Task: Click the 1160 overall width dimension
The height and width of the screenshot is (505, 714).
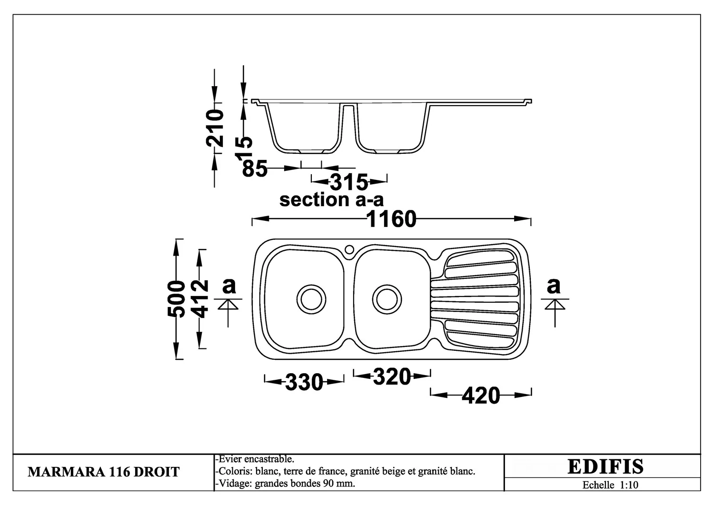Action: (392, 219)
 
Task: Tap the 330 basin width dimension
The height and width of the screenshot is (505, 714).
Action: (304, 382)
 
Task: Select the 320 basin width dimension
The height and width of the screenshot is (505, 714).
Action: (392, 376)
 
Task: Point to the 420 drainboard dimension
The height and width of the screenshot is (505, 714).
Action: (481, 396)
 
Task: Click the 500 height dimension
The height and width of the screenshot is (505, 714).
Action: (176, 299)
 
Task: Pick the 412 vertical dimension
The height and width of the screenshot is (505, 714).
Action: (201, 299)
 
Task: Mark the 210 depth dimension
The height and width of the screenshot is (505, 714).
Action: (215, 128)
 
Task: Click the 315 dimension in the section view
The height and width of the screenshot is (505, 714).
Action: (349, 182)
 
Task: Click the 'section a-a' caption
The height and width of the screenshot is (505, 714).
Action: (331, 199)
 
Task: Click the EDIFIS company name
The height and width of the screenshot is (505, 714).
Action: (605, 466)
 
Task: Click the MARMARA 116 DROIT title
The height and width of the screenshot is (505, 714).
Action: (104, 472)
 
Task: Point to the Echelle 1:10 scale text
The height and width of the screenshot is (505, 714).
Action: (610, 485)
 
